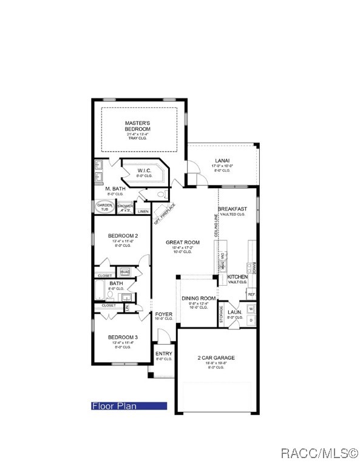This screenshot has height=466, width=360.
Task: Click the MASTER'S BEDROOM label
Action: (x=137, y=126)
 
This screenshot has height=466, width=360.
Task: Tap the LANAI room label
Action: (x=222, y=162)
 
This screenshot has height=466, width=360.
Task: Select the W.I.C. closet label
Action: (x=143, y=171)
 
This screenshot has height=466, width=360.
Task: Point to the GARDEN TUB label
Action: (x=104, y=207)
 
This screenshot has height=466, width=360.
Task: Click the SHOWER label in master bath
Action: (x=125, y=207)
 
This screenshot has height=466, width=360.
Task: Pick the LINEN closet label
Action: (x=143, y=211)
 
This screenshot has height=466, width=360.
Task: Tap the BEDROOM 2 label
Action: (x=123, y=235)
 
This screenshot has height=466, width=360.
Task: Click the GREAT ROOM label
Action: (x=183, y=242)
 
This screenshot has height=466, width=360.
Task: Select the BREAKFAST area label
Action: (x=231, y=209)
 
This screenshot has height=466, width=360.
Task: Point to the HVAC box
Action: (x=125, y=272)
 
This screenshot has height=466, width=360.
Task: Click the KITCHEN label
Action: (x=237, y=276)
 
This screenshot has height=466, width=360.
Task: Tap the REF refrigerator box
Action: (x=251, y=294)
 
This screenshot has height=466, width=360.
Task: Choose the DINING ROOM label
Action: (x=199, y=299)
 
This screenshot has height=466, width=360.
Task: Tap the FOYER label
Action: (x=164, y=314)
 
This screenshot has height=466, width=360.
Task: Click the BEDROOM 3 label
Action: (x=123, y=337)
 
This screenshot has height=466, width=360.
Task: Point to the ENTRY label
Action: (x=164, y=354)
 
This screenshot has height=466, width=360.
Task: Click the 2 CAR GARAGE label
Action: (x=216, y=358)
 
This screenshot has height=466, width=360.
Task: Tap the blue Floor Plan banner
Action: (x=128, y=406)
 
